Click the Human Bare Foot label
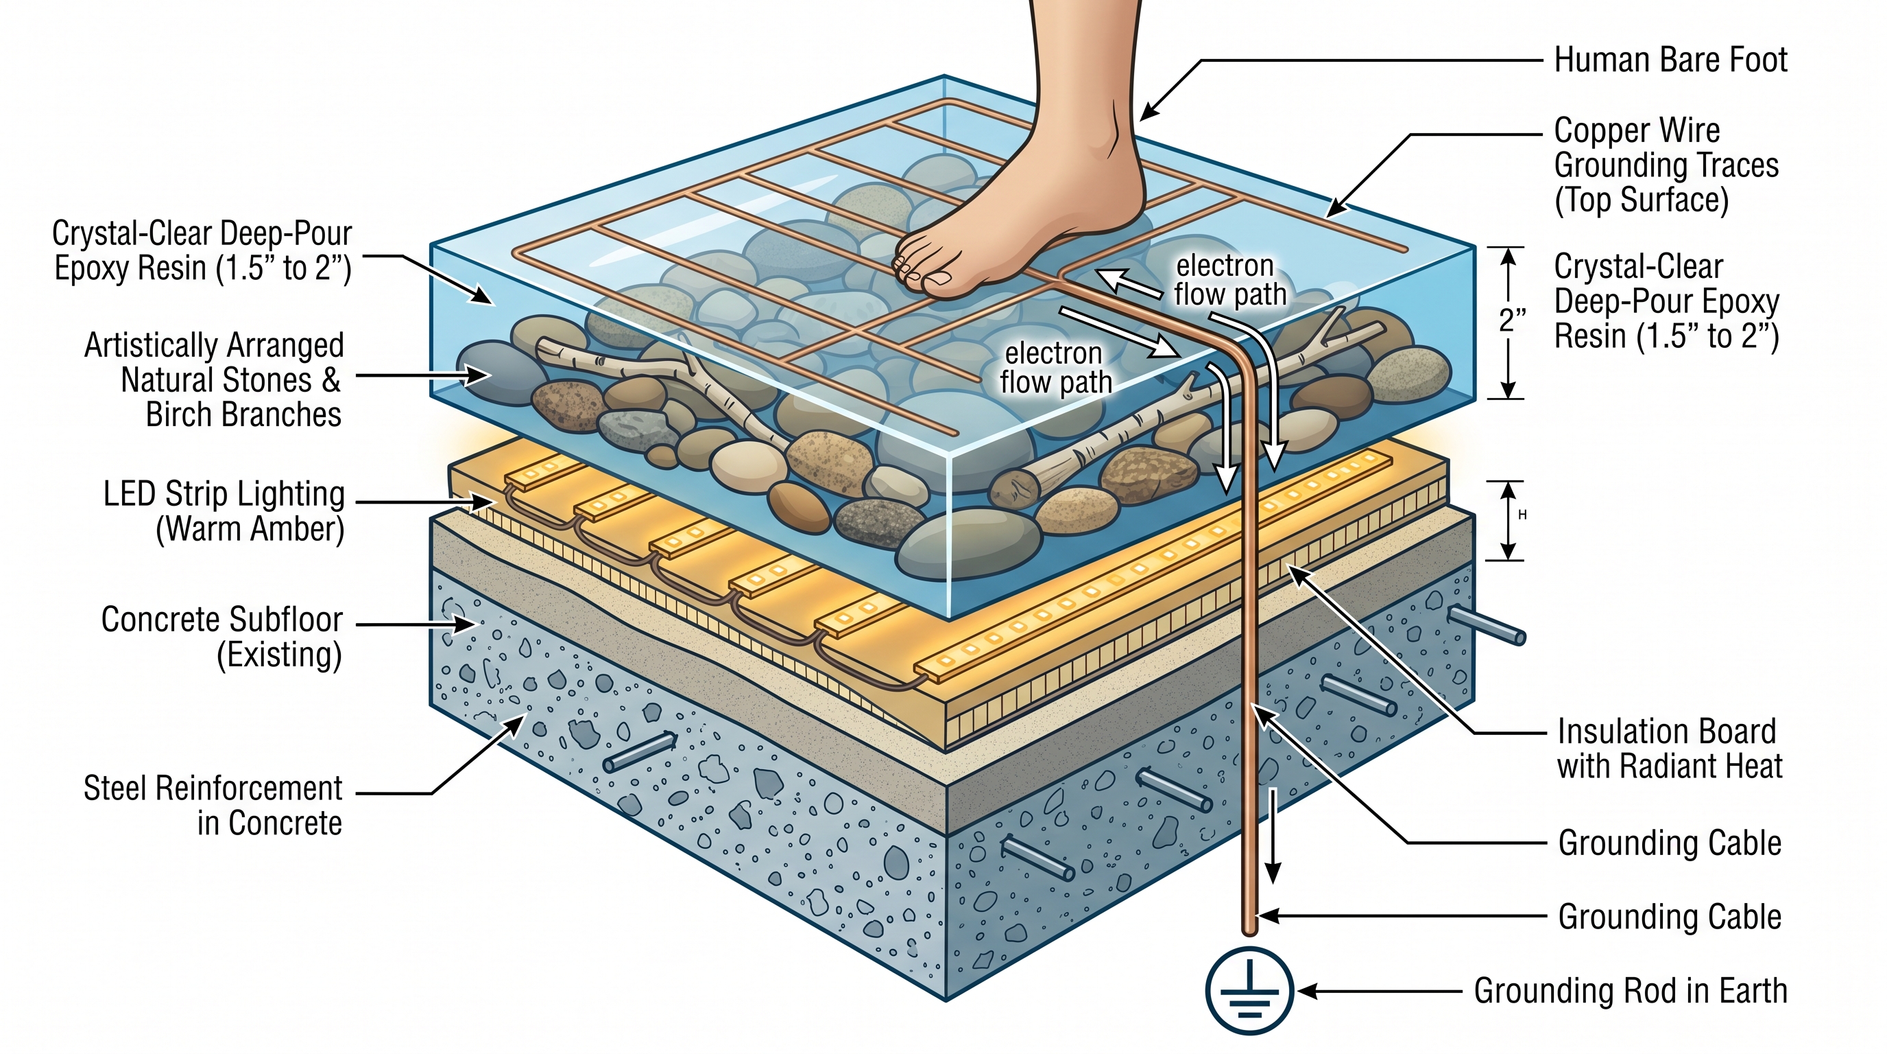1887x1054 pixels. (x=1671, y=60)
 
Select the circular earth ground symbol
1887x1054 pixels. (x=1249, y=990)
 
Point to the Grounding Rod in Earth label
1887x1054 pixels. (x=1631, y=991)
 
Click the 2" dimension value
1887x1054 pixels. (x=1513, y=320)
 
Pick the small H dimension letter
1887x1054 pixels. (x=1522, y=515)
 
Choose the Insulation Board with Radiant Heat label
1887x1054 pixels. (x=1670, y=749)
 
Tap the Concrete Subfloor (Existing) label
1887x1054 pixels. (x=222, y=637)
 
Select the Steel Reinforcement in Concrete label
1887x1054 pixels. (x=213, y=806)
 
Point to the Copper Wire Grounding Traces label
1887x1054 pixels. (x=1666, y=165)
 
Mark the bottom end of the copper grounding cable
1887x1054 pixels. (x=1249, y=931)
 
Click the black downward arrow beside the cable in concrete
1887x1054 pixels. (x=1274, y=836)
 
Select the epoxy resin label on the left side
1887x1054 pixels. (x=202, y=251)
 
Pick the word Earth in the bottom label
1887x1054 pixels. (x=1750, y=991)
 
